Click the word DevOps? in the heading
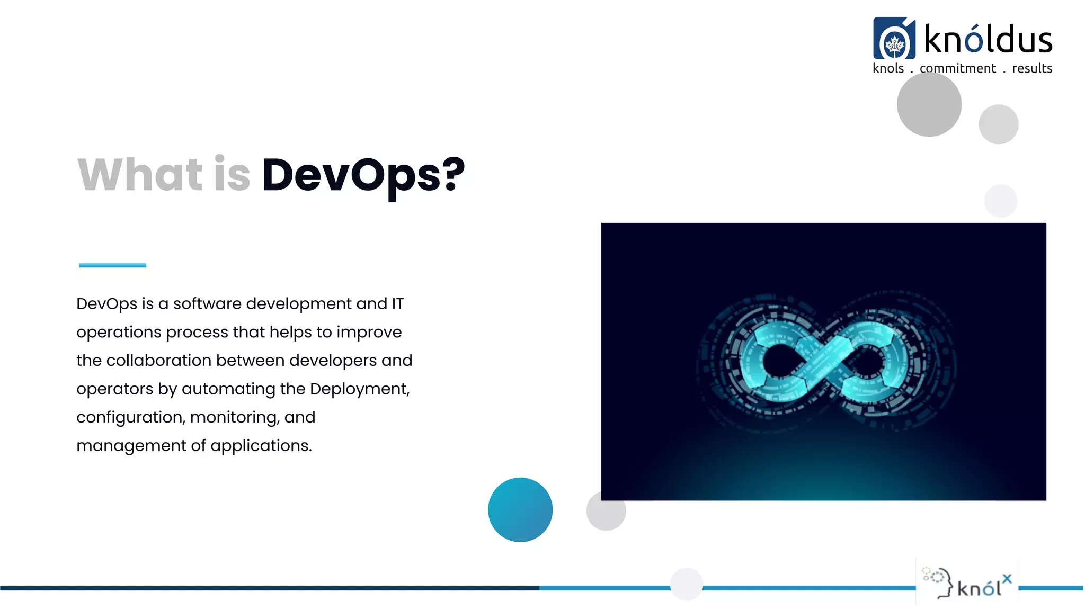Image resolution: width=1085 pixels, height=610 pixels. [363, 175]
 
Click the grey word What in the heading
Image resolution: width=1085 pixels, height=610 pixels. [140, 175]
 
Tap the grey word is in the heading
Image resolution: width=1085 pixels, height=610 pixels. [232, 175]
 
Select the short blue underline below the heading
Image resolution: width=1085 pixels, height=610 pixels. [112, 265]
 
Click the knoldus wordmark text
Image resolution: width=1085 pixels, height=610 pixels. [988, 40]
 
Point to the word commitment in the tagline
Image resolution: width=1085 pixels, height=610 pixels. [957, 68]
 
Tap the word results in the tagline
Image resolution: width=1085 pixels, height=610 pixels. [1031, 68]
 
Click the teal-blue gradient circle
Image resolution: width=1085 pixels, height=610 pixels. [520, 509]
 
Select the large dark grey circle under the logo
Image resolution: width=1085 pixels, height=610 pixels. [929, 104]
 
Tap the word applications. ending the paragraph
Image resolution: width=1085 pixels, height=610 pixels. [261, 446]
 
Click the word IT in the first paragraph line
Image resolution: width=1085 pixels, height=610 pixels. [397, 304]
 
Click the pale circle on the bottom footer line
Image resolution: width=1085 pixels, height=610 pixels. [686, 584]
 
